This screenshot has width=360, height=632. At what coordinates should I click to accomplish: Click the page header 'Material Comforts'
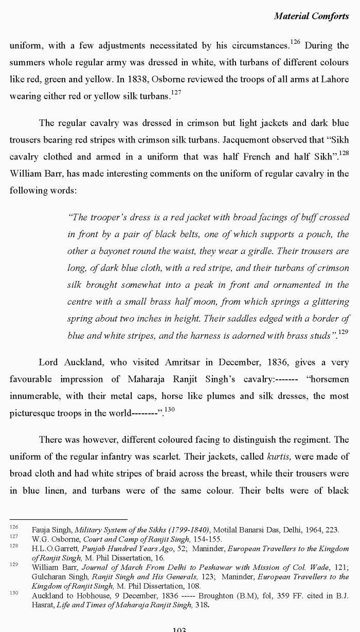[311, 16]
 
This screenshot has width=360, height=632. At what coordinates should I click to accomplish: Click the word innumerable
[34, 396]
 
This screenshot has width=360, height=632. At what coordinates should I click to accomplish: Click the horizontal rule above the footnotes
[68, 519]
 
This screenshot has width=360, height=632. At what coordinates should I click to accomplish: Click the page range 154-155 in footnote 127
[206, 539]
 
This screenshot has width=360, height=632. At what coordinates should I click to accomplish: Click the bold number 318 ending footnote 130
[202, 605]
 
